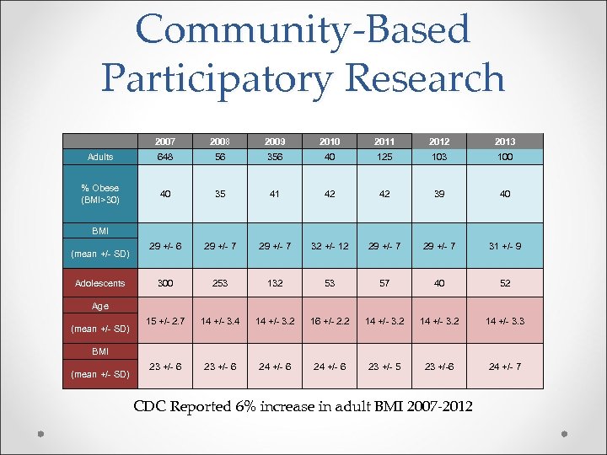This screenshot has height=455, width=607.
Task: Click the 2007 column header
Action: (x=166, y=142)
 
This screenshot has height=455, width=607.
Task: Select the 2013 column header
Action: (x=505, y=142)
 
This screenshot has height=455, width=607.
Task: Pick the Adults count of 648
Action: (x=166, y=157)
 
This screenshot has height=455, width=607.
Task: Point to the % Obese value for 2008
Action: (x=219, y=194)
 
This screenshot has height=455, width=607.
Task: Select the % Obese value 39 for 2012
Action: (x=438, y=194)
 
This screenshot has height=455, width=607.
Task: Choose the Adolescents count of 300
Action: (x=166, y=283)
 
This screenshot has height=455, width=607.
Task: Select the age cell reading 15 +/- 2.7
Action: (x=166, y=321)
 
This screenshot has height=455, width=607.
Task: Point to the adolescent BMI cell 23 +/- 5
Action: (x=385, y=367)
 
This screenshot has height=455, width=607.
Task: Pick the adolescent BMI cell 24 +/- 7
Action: (x=505, y=367)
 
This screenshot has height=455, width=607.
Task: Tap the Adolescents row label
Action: (x=100, y=283)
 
